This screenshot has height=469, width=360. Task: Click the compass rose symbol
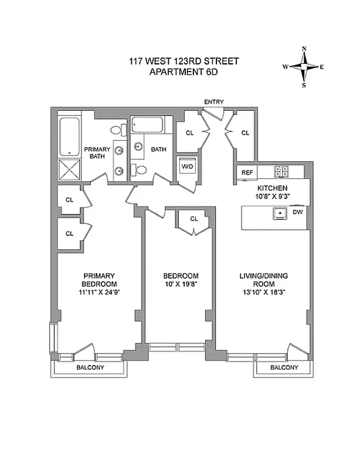pos(304,66)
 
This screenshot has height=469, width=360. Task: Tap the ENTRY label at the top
pos(213,102)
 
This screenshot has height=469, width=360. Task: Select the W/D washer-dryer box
pos(188,166)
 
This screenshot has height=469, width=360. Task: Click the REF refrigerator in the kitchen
pos(247,172)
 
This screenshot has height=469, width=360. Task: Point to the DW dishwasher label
pos(297,212)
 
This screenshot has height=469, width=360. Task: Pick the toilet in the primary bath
pos(117,131)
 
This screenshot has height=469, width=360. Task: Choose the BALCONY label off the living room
pos(284,368)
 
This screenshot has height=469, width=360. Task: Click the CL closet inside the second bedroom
pos(194,219)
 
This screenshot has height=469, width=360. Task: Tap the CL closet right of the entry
pos(245,133)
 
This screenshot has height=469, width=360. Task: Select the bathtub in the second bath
pos(149,125)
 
